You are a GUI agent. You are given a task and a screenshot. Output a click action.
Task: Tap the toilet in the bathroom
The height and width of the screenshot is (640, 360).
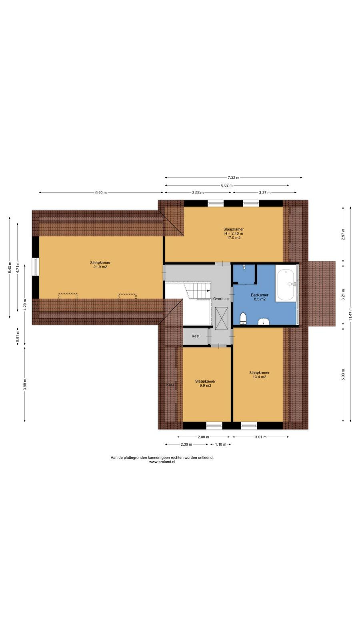[x=243, y=318]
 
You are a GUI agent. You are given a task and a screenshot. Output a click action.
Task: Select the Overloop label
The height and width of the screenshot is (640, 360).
[x=221, y=299]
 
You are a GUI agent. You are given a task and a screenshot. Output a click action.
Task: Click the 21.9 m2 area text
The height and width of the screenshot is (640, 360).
[x=100, y=267]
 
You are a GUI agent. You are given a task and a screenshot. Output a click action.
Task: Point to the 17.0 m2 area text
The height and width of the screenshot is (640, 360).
[x=234, y=238]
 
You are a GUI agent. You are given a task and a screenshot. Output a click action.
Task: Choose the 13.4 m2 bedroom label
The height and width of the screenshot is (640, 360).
[x=260, y=377]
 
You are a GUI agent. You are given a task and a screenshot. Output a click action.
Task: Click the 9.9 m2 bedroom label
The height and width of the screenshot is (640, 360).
[x=206, y=386]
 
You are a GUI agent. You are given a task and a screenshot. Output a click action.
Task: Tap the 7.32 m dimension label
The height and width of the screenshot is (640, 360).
[x=234, y=178]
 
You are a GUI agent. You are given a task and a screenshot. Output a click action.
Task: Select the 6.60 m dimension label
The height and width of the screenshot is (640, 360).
[x=101, y=192]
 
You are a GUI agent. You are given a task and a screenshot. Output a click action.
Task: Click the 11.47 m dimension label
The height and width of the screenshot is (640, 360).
[x=350, y=314]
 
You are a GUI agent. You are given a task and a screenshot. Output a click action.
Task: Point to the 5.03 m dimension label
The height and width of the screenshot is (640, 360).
[x=343, y=374]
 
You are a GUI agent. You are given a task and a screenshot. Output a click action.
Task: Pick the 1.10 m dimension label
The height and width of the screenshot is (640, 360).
[x=220, y=444]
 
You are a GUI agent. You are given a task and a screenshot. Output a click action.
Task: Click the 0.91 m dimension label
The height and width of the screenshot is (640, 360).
[x=18, y=336]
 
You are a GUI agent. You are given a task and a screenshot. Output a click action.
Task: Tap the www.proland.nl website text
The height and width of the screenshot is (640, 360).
[x=162, y=462]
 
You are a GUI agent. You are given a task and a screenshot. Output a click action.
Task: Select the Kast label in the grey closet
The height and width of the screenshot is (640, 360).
[x=196, y=336]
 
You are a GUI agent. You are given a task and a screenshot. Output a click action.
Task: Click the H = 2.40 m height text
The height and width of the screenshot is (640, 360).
[x=234, y=234]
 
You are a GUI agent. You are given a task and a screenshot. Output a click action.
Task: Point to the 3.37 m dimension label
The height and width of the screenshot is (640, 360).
[x=264, y=192]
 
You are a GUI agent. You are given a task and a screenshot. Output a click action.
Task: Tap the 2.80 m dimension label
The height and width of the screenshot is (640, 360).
[x=204, y=437]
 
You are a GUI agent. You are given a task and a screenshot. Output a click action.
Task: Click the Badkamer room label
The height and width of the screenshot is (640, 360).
[x=260, y=295]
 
